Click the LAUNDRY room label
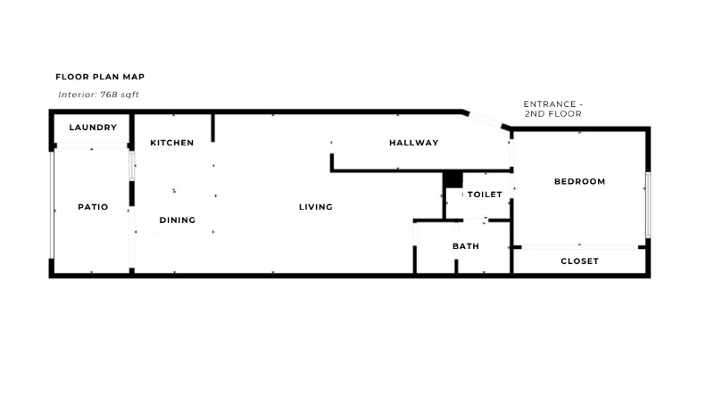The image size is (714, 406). pos(93,128)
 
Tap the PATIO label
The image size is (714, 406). pos(93,207)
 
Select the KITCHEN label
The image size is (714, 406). pos(172,143)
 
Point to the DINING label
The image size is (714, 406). pos(178,220)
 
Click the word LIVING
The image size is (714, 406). pos(316,207)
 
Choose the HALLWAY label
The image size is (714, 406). pos(413,143)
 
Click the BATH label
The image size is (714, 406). pos(466,246)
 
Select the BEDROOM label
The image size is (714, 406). pos(579,182)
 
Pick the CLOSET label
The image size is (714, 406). pos(579,261)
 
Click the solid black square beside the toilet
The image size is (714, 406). pos(452,179)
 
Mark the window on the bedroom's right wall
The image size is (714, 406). pos(649,205)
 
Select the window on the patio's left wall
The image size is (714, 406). pos(52,207)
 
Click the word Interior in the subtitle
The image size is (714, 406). pos(77,94)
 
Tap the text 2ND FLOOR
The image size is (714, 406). pos(554,114)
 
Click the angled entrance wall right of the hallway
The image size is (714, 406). pos(487,122)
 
